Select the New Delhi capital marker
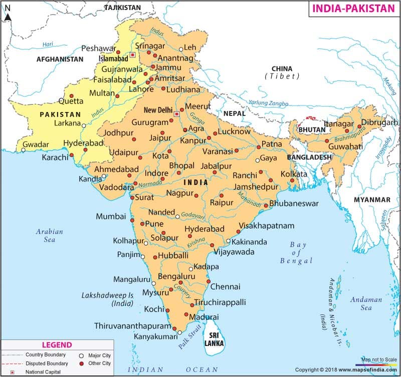coord(176,114)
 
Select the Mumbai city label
coord(111,216)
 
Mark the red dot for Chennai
coord(207,282)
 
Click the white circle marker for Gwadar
coord(23,149)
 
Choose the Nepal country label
coord(235,113)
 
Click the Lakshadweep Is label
coord(107,299)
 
